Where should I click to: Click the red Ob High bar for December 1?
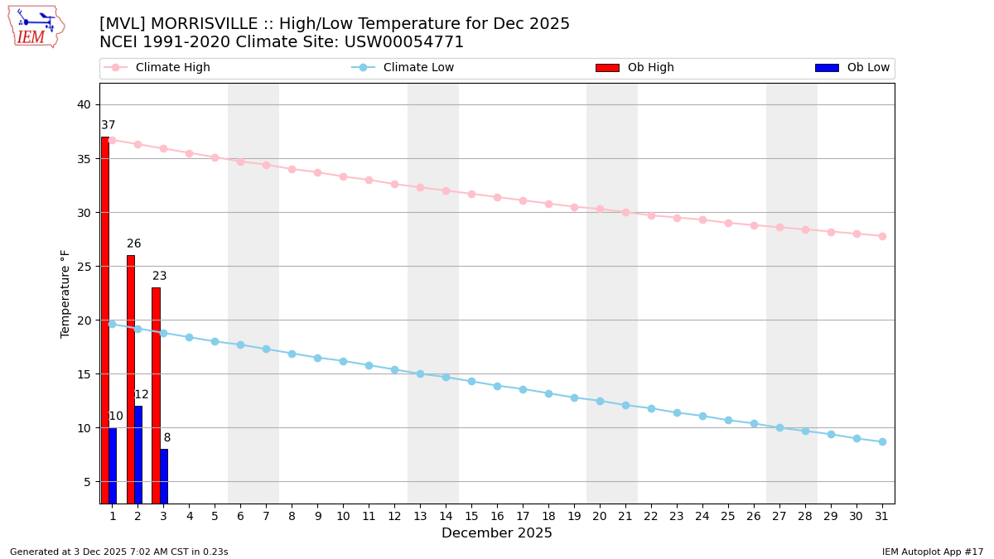105,320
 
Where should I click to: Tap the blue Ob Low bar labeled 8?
164,475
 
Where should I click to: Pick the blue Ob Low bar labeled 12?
138,454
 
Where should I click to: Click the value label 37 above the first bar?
109,125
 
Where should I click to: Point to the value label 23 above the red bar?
160,276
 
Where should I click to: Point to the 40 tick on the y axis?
84,104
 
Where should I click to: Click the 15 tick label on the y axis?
84,374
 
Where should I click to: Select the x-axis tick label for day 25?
728,516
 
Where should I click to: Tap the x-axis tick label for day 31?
882,516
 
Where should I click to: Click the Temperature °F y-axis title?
65,293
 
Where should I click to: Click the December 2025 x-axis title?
497,533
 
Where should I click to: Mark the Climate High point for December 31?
882,236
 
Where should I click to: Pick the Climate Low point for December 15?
471,382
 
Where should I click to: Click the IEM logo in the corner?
36,27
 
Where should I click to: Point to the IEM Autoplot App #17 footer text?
933,552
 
